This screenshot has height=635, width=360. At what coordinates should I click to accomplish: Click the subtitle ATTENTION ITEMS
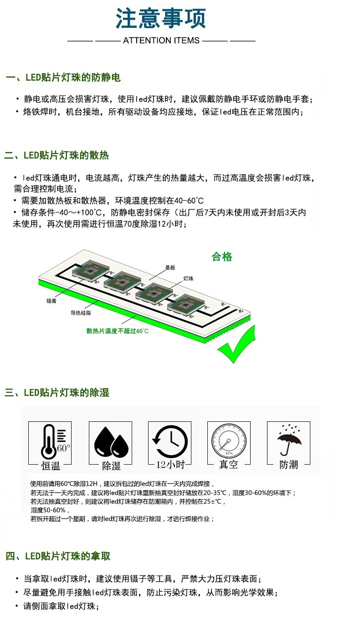(161, 41)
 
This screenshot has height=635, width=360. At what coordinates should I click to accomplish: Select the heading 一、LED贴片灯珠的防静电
(63, 78)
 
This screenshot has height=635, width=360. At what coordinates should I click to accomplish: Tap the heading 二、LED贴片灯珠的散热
(57, 156)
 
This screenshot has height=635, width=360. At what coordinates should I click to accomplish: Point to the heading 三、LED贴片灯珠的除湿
(57, 393)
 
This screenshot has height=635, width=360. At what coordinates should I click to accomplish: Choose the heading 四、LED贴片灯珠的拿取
(58, 556)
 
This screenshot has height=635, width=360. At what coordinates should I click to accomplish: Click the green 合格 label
(222, 257)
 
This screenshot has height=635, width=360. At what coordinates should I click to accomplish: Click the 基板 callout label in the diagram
(170, 268)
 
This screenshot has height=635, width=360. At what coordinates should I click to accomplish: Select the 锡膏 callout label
(51, 301)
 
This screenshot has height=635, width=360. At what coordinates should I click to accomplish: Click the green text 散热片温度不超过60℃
(118, 331)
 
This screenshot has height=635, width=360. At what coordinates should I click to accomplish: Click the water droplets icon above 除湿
(111, 440)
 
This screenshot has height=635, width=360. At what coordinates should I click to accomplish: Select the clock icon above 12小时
(170, 440)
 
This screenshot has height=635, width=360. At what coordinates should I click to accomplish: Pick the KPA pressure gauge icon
(229, 440)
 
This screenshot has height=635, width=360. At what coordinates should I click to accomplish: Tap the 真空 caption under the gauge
(229, 465)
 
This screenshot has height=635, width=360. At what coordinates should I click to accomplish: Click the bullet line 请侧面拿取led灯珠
(61, 606)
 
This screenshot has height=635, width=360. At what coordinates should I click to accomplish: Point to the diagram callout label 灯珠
(188, 278)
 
